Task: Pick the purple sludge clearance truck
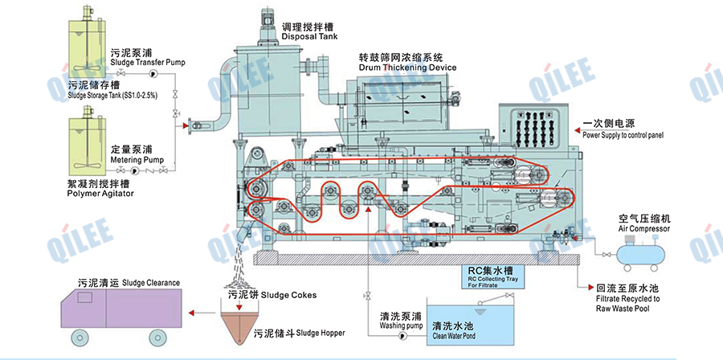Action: (x=121, y=310)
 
